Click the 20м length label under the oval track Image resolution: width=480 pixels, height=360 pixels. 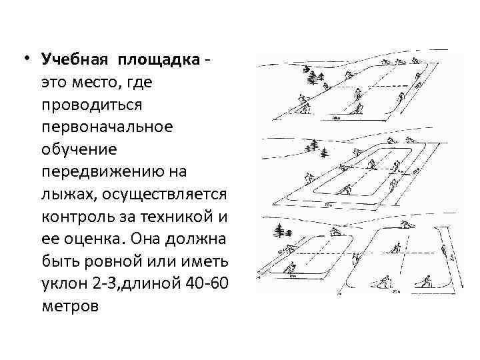pos(328,206)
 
